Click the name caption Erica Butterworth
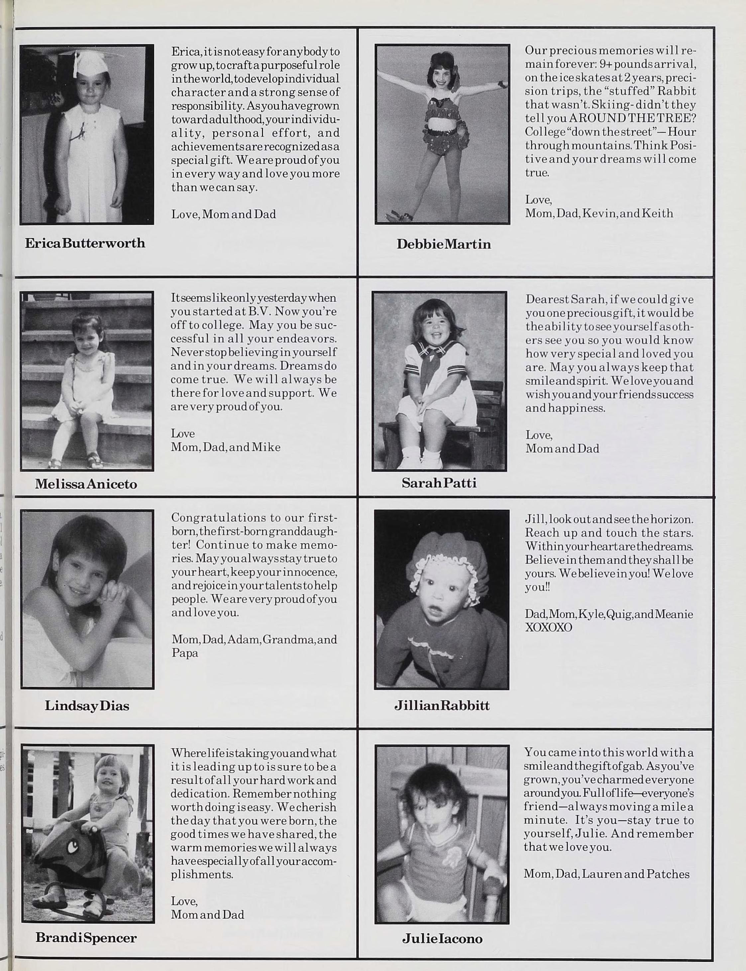[85, 243]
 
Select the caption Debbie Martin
[444, 244]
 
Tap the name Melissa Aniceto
[86, 484]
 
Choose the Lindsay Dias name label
[87, 705]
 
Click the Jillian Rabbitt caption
[442, 705]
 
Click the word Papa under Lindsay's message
[185, 653]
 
